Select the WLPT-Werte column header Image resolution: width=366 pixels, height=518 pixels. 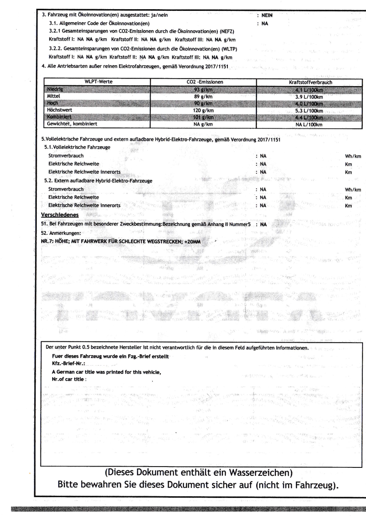pos(97,83)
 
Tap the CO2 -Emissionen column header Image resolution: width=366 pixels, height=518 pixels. pos(202,83)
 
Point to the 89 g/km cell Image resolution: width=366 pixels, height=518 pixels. pos(202,96)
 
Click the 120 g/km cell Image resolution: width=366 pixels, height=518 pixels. pos(202,111)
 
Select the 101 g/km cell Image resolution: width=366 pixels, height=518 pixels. pos(202,117)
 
